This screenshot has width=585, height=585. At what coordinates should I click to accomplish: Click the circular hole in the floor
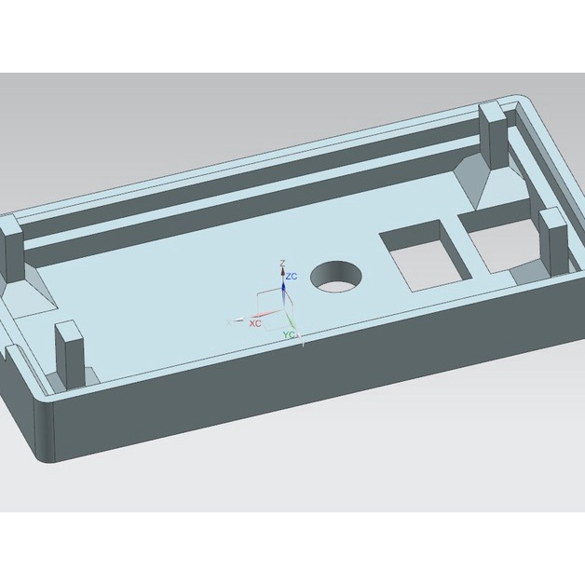pyautogui.click(x=336, y=277)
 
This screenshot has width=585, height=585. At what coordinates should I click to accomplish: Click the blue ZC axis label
pyautogui.click(x=292, y=277)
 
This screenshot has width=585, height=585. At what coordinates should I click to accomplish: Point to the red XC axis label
pyautogui.click(x=254, y=321)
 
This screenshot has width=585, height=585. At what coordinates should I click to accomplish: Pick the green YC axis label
pyautogui.click(x=290, y=333)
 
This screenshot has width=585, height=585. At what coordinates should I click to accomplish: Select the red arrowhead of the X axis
pyautogui.click(x=240, y=320)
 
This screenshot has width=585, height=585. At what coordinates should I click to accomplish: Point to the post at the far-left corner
pyautogui.click(x=10, y=250)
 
